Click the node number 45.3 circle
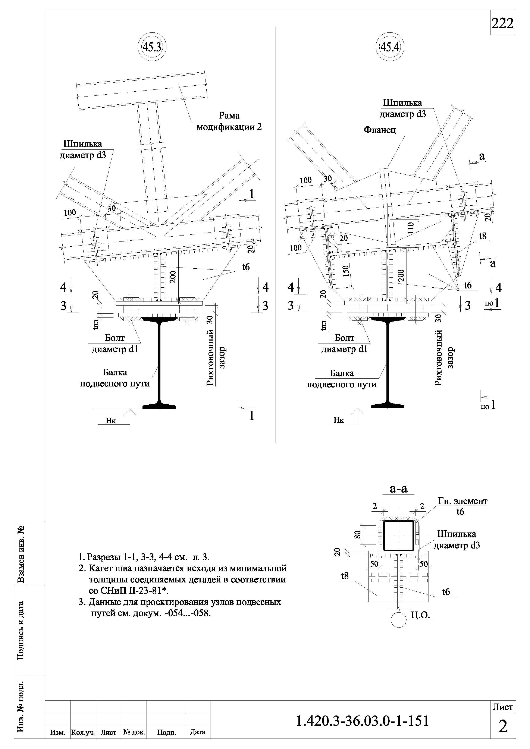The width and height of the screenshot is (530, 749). click(x=152, y=48)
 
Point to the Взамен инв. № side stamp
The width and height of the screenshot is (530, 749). click(x=21, y=554)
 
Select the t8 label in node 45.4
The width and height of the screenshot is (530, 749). click(x=483, y=236)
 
